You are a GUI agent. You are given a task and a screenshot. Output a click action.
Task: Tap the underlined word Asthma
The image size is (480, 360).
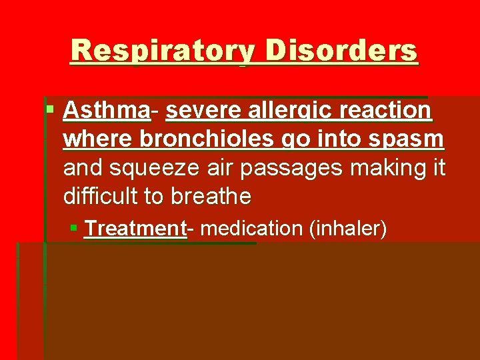click(x=106, y=111)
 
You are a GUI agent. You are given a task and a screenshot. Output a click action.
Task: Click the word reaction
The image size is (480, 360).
click(x=388, y=111)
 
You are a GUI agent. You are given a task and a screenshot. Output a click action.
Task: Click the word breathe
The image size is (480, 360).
click(x=211, y=197)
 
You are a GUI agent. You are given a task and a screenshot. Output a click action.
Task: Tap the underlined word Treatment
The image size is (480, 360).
click(x=135, y=229)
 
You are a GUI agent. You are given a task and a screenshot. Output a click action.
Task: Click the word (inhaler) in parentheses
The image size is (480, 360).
click(x=348, y=229)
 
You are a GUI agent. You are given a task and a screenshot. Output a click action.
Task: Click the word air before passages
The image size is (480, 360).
click(x=219, y=169)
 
